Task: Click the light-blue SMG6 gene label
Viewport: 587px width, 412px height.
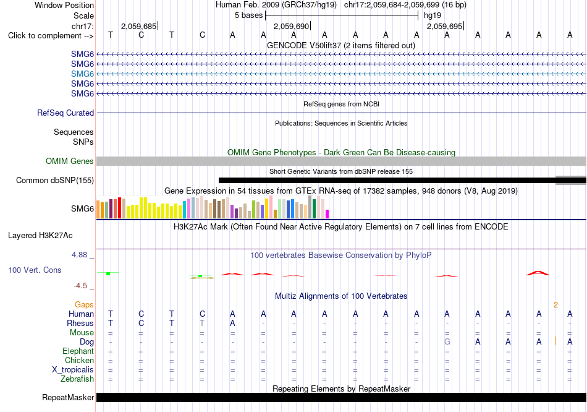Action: (82, 74)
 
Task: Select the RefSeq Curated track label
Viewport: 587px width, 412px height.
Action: (65, 113)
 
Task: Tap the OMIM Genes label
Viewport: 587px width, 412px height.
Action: (70, 161)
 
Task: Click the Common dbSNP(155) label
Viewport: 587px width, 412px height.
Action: (55, 180)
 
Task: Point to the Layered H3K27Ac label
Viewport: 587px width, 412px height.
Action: (40, 236)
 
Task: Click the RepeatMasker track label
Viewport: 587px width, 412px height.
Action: (68, 397)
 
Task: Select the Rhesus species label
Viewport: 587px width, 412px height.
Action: (80, 323)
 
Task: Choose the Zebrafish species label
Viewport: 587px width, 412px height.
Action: (77, 379)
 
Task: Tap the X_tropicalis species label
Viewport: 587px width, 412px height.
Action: (73, 370)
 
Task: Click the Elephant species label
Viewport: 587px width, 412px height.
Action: (78, 351)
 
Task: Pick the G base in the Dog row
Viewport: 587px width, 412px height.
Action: (447, 342)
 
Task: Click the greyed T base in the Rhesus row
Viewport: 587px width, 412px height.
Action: (202, 323)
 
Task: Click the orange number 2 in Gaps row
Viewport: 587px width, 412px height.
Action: (556, 305)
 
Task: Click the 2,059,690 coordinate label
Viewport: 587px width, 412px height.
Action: (291, 26)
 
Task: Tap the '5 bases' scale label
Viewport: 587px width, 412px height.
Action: (249, 15)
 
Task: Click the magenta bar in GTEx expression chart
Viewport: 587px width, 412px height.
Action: (327, 214)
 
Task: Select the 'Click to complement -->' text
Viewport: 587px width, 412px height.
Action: (51, 36)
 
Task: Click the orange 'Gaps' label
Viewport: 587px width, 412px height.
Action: (84, 305)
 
